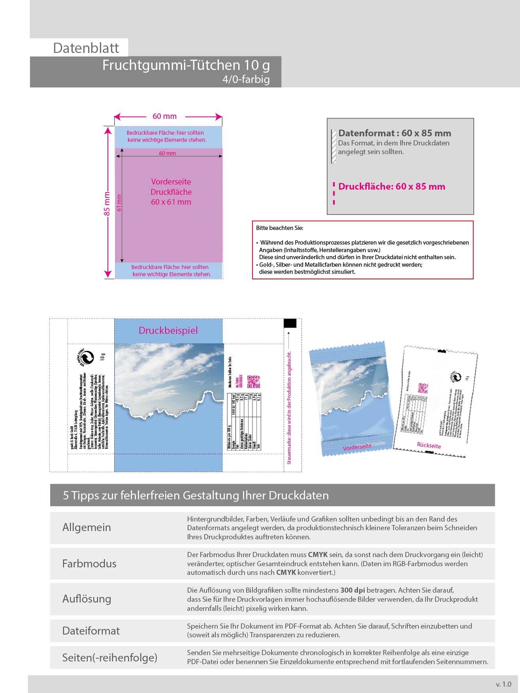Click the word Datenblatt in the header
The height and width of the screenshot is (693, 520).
click(86, 48)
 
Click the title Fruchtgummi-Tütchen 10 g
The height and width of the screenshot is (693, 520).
click(186, 65)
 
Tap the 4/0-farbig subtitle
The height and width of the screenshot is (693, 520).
click(246, 79)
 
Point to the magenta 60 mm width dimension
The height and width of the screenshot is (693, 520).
click(164, 117)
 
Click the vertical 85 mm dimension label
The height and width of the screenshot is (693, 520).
click(107, 204)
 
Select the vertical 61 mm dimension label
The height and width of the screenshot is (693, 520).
click(119, 203)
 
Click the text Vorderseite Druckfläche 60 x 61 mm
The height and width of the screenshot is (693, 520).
click(171, 192)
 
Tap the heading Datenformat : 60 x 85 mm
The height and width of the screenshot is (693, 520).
click(394, 133)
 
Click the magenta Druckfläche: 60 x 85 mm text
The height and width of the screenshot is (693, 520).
click(392, 186)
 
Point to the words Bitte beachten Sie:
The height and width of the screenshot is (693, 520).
click(280, 228)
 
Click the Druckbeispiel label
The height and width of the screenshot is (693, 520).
click(168, 331)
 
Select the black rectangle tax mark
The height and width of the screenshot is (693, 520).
click(290, 323)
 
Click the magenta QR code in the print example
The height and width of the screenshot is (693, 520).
click(254, 382)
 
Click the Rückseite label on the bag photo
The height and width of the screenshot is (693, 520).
click(429, 446)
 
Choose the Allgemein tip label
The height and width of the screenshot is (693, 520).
click(87, 527)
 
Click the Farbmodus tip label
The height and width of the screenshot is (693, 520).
click(89, 563)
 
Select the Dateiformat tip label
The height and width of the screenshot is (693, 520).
click(91, 631)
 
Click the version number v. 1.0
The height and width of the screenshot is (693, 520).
click(503, 684)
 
